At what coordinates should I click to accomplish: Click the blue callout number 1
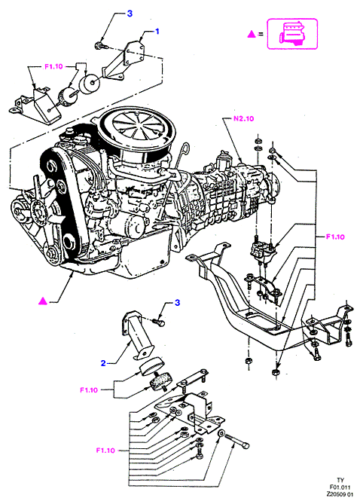(157, 32)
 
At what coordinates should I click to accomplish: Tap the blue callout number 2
(103, 363)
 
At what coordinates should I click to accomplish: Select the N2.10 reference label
(243, 118)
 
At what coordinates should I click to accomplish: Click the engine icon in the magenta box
(292, 34)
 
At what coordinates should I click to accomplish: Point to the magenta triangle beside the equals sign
(252, 34)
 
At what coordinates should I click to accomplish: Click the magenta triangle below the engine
(43, 301)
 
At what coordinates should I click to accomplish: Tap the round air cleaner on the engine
(137, 134)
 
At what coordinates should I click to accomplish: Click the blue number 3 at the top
(130, 14)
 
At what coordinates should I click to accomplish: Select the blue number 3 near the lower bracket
(177, 302)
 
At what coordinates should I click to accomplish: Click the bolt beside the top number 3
(100, 46)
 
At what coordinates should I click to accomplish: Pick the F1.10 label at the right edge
(335, 237)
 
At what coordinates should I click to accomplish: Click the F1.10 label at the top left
(53, 66)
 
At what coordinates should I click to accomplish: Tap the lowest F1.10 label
(105, 451)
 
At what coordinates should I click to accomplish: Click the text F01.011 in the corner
(340, 487)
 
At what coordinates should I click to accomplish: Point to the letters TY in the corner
(340, 480)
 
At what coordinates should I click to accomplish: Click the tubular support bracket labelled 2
(138, 335)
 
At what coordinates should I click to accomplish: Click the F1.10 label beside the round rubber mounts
(89, 389)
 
